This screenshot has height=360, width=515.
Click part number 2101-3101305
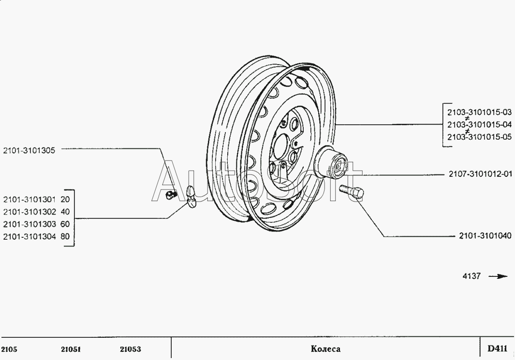point(29,150)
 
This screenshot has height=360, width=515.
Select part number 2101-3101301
point(29,199)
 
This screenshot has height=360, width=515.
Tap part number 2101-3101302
point(29,212)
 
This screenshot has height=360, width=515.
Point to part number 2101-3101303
point(29,224)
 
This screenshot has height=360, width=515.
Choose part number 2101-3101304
point(29,237)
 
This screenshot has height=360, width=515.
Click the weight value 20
point(65,199)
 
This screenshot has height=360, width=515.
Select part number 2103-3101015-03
point(479,112)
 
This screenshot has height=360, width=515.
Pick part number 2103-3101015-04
point(479,124)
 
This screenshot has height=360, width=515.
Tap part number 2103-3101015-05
point(479,137)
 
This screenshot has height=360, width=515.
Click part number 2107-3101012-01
point(480,174)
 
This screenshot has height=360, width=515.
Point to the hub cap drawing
point(331,162)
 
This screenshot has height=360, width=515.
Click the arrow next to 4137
point(498,276)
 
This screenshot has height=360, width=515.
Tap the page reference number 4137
point(471,276)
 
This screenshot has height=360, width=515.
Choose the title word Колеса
point(325,349)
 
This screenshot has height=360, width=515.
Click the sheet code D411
point(497,348)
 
